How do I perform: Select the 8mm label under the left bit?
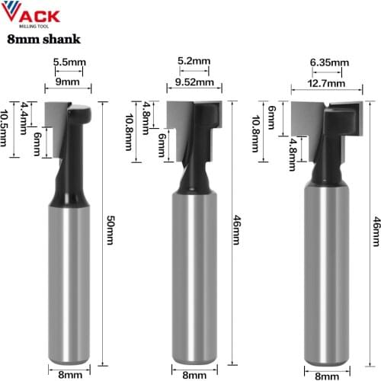[x=71, y=373]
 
